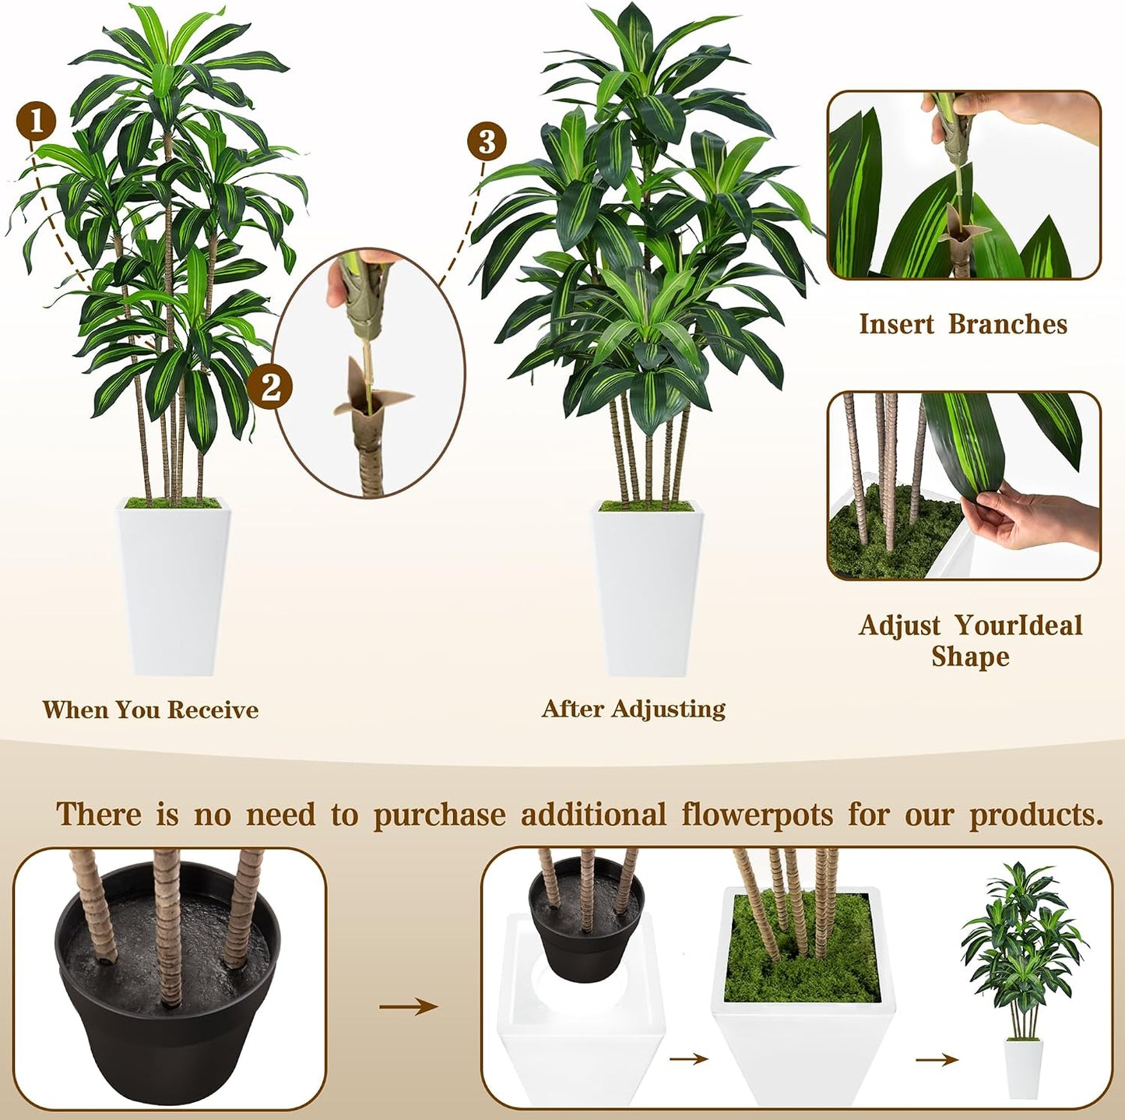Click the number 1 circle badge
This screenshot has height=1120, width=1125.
(x=36, y=121)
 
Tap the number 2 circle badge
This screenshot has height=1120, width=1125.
(x=269, y=386)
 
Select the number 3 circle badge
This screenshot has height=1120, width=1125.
(x=487, y=142)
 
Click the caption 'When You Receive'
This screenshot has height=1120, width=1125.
(x=150, y=710)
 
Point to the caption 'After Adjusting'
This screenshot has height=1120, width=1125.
(x=634, y=709)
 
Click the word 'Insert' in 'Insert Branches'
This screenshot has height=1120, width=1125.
(x=897, y=324)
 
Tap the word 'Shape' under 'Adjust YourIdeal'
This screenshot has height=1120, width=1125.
(x=970, y=656)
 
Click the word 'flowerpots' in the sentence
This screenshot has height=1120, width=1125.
(x=758, y=815)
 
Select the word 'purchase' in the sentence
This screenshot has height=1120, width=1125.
(x=440, y=815)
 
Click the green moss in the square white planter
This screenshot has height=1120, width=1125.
(x=801, y=947)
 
